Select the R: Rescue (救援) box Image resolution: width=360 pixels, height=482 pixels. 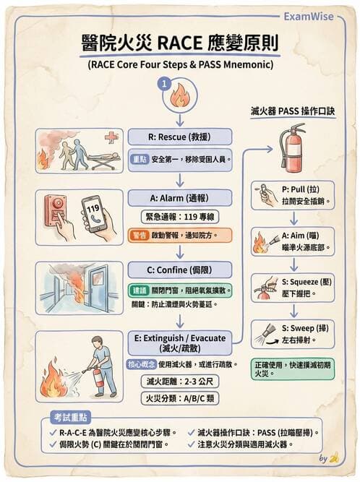tap(180, 137)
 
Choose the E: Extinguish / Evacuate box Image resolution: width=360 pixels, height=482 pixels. tap(180, 343)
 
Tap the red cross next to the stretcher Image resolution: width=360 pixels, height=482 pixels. tap(111, 137)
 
